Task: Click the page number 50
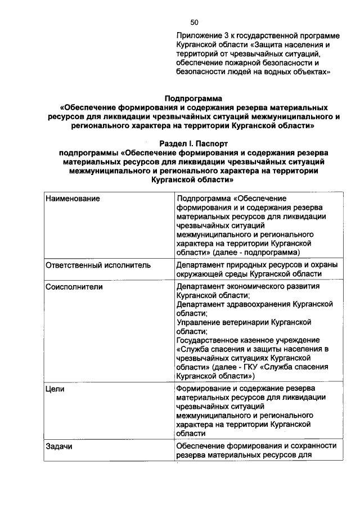tap(194, 22)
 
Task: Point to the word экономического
tap(253, 286)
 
